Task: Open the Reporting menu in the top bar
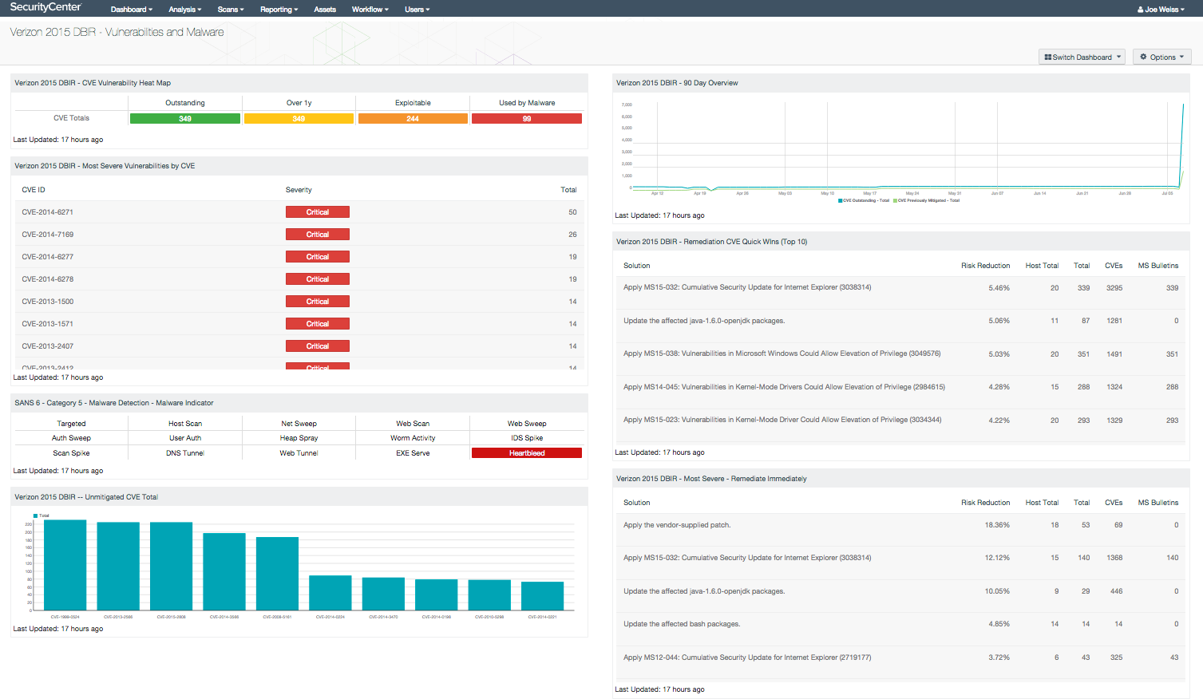pos(279,10)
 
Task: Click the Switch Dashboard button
pos(1082,57)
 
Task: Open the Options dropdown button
pos(1161,57)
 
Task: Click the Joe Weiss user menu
pos(1161,10)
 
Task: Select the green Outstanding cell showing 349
pos(185,119)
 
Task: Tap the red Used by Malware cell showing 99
pos(527,119)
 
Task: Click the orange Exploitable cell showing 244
pos(413,119)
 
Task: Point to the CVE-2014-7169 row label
pos(48,235)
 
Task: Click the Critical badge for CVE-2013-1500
pos(318,302)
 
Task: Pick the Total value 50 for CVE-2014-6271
pos(572,212)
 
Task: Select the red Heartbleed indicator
pos(527,453)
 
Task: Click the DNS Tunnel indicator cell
pos(185,453)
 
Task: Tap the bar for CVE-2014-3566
pos(224,571)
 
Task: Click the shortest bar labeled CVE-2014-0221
pos(542,596)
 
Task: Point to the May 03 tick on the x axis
pos(785,193)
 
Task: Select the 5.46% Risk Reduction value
pos(999,288)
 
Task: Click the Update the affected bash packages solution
pos(682,624)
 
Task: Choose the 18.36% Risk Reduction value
pos(997,525)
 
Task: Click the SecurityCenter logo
pos(46,8)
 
